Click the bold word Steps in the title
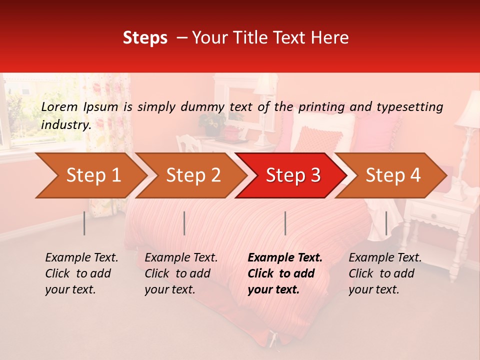[145, 38]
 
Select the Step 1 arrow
[90, 175]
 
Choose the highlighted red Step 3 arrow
[291, 175]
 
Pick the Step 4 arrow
[391, 175]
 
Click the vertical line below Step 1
[84, 223]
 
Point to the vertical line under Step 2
[184, 223]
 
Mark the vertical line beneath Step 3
[285, 223]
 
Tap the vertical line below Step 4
[386, 223]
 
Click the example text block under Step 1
[81, 273]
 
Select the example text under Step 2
[180, 273]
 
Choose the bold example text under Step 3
[284, 273]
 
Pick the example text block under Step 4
[384, 273]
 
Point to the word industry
[66, 125]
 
